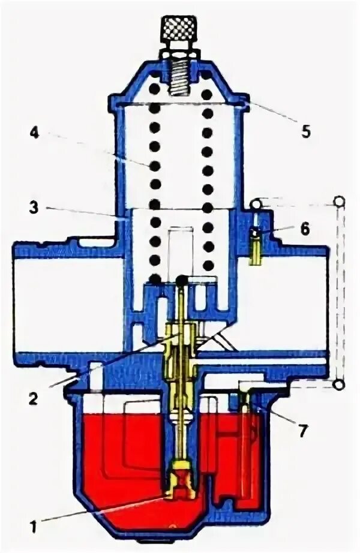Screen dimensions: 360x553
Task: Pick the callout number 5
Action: (x=306, y=132)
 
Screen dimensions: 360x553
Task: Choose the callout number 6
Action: (x=305, y=229)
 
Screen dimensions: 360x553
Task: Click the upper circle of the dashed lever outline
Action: (x=340, y=201)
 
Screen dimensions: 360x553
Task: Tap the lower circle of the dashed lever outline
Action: (x=340, y=384)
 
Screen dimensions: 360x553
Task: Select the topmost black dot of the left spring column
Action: (x=155, y=89)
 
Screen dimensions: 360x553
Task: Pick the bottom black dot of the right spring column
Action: (x=208, y=265)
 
